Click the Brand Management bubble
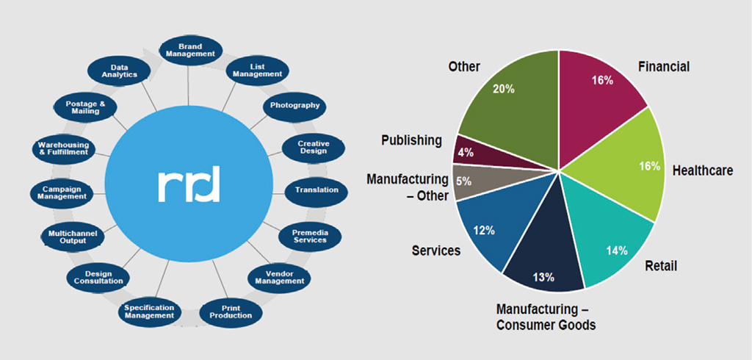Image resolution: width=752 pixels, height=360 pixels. click(190, 50)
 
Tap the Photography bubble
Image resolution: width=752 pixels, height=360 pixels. click(294, 106)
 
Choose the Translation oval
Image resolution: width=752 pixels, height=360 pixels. click(317, 190)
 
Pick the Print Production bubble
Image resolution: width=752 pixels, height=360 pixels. click(231, 312)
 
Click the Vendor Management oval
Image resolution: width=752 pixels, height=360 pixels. click(279, 277)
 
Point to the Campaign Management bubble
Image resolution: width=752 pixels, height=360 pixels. click(61, 193)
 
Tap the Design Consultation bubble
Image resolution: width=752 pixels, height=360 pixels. click(98, 278)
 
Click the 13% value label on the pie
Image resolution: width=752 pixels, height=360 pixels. click(543, 277)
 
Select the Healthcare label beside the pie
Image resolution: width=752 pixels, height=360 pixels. click(702, 170)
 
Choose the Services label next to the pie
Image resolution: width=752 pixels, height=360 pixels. click(436, 251)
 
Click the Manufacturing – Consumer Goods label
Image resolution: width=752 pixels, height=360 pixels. click(544, 316)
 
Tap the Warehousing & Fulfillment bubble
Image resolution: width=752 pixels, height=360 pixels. click(63, 148)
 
